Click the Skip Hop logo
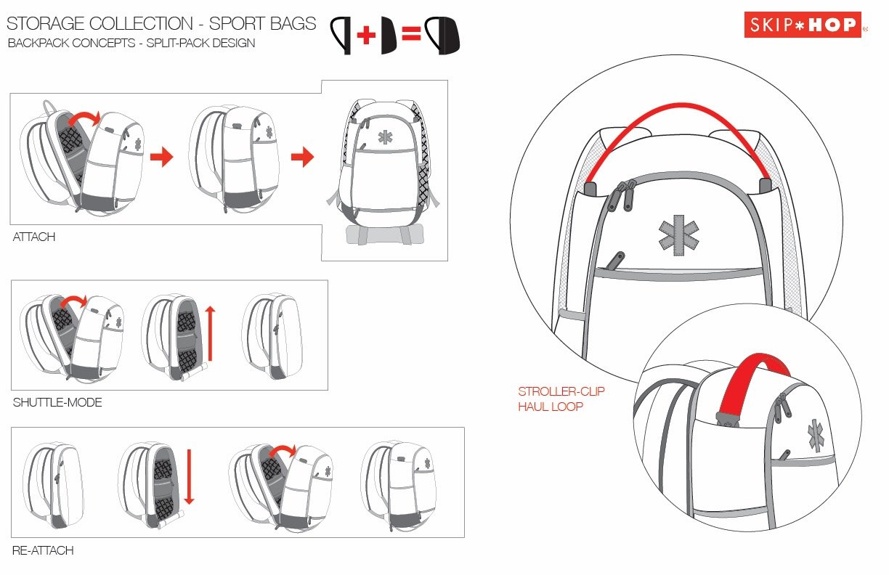(x=802, y=25)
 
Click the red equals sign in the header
(x=411, y=35)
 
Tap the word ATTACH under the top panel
(x=34, y=237)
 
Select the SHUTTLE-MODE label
(x=57, y=402)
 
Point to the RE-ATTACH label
(x=43, y=550)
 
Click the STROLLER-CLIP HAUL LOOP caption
(x=561, y=399)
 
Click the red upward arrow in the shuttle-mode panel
(x=211, y=333)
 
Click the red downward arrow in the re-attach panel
(x=188, y=477)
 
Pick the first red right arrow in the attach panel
(x=162, y=157)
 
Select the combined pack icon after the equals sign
(x=442, y=35)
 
